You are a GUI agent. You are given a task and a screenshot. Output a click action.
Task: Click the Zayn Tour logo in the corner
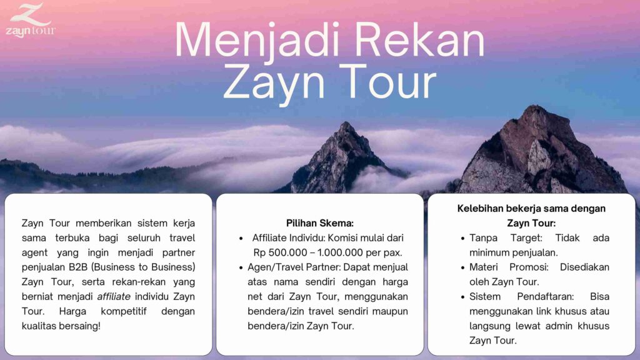tap(31, 21)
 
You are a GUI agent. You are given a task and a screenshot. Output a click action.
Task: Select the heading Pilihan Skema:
tap(319, 223)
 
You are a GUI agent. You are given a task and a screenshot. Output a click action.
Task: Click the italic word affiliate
tap(114, 297)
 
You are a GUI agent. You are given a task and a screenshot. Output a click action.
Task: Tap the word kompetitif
tap(124, 312)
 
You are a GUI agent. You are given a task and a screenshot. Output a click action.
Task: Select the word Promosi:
tap(529, 267)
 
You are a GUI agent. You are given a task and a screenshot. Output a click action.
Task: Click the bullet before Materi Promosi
tap(462, 267)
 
